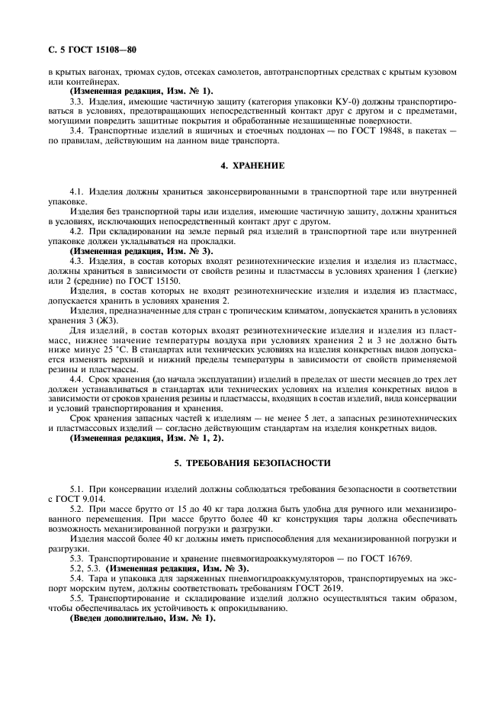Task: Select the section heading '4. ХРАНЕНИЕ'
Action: (252, 166)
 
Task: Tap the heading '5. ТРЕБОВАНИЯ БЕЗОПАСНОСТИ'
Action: (252, 462)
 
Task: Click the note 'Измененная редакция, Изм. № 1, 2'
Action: (145, 439)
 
